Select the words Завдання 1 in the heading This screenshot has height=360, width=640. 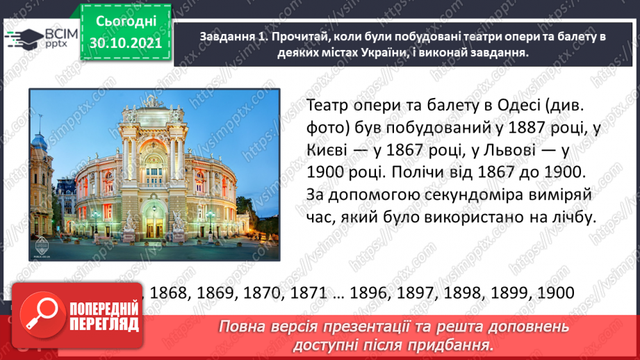(229, 37)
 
